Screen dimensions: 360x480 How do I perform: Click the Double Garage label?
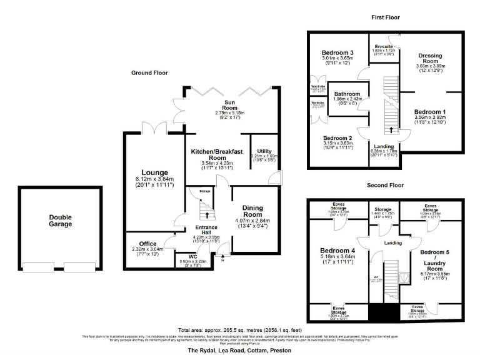tap(61, 221)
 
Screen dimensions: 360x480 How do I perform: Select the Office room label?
tap(147, 244)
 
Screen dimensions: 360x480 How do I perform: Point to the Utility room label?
tap(264, 151)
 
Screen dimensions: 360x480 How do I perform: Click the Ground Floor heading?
tap(149, 73)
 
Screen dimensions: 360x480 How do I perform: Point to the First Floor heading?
tap(385, 17)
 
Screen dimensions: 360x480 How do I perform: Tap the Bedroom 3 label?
tap(337, 52)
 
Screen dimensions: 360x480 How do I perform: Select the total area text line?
tap(239, 329)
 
